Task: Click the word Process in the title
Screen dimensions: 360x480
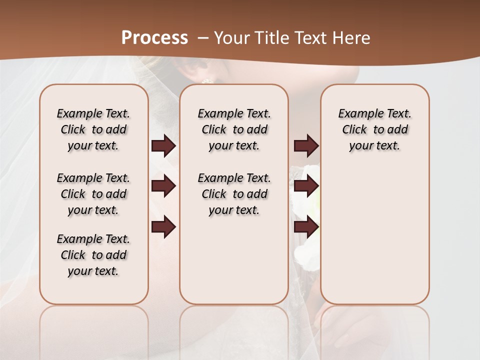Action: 154,38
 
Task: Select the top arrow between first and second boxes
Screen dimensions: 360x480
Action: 163,146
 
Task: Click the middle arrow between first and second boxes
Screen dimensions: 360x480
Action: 163,186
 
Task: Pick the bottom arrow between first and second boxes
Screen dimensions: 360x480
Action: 163,226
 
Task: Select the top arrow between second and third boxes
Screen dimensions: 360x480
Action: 306,146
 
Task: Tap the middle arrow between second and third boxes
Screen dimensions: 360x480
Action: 306,186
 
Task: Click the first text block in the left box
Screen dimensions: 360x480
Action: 93,129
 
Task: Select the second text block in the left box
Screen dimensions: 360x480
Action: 93,194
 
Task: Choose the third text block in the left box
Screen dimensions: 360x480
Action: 93,255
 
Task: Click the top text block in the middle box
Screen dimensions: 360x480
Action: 234,129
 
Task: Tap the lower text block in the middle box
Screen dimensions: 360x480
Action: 234,194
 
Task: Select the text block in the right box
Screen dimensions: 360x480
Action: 374,129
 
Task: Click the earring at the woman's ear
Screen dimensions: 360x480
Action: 206,80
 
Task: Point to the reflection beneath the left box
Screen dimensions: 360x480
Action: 94,325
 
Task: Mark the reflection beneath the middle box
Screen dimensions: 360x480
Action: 234,325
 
